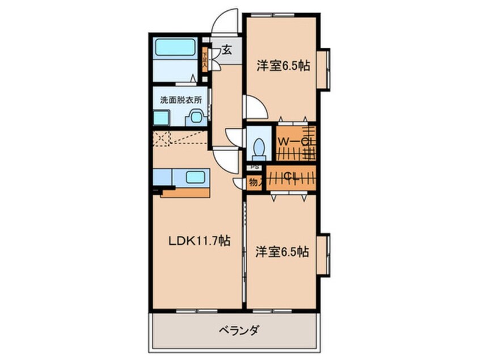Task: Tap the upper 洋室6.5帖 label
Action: point(283,66)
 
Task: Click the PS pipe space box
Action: point(255,168)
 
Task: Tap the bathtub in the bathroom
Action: point(176,48)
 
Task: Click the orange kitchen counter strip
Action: point(186,192)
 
